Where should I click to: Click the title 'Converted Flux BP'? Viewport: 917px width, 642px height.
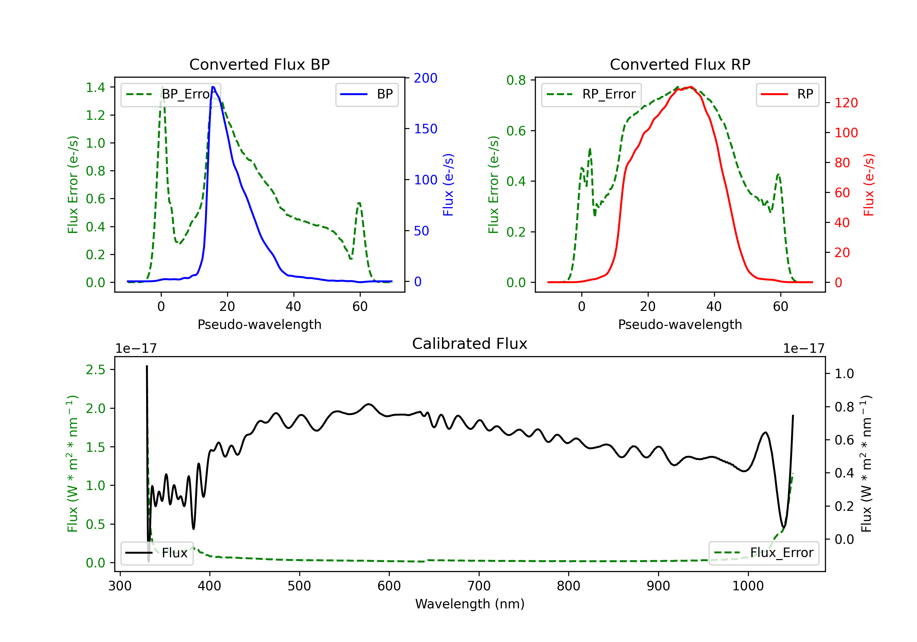[259, 64]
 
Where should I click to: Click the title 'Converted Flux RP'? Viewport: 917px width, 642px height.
[680, 64]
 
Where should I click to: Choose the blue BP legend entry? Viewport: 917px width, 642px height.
[366, 94]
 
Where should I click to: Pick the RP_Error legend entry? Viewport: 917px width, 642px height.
[591, 94]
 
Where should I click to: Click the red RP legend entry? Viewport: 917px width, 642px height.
[787, 94]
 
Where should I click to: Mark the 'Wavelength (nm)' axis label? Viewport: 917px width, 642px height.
[470, 604]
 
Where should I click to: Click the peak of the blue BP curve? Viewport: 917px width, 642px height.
[213, 87]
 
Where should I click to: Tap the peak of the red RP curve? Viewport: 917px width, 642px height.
[691, 87]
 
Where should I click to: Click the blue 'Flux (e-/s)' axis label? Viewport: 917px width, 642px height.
[448, 185]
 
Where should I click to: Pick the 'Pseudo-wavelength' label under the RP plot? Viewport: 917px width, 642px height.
[680, 324]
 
